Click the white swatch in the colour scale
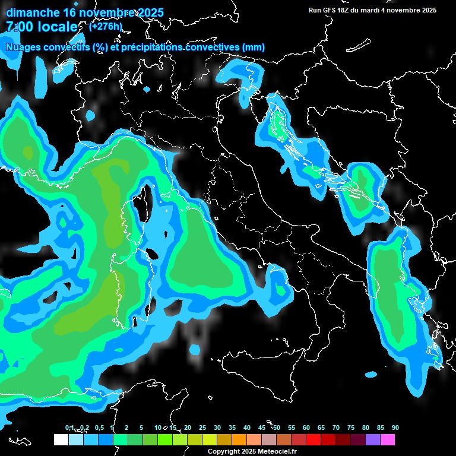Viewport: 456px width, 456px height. pos(61,439)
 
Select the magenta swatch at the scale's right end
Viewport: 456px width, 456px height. pos(388,439)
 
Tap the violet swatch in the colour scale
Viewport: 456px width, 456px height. pos(373,439)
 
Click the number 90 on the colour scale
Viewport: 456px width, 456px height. pos(395,427)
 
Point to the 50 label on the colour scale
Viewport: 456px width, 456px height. pos(277,427)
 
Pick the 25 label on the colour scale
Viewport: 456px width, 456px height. pos(202,427)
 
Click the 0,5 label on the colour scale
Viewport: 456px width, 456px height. pos(99,427)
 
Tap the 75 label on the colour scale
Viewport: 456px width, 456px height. pos(350,427)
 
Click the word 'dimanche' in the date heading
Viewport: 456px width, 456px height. pos(33,12)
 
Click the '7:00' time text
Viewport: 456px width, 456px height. pos(20,27)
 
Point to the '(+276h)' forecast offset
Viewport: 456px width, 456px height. pos(105,26)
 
